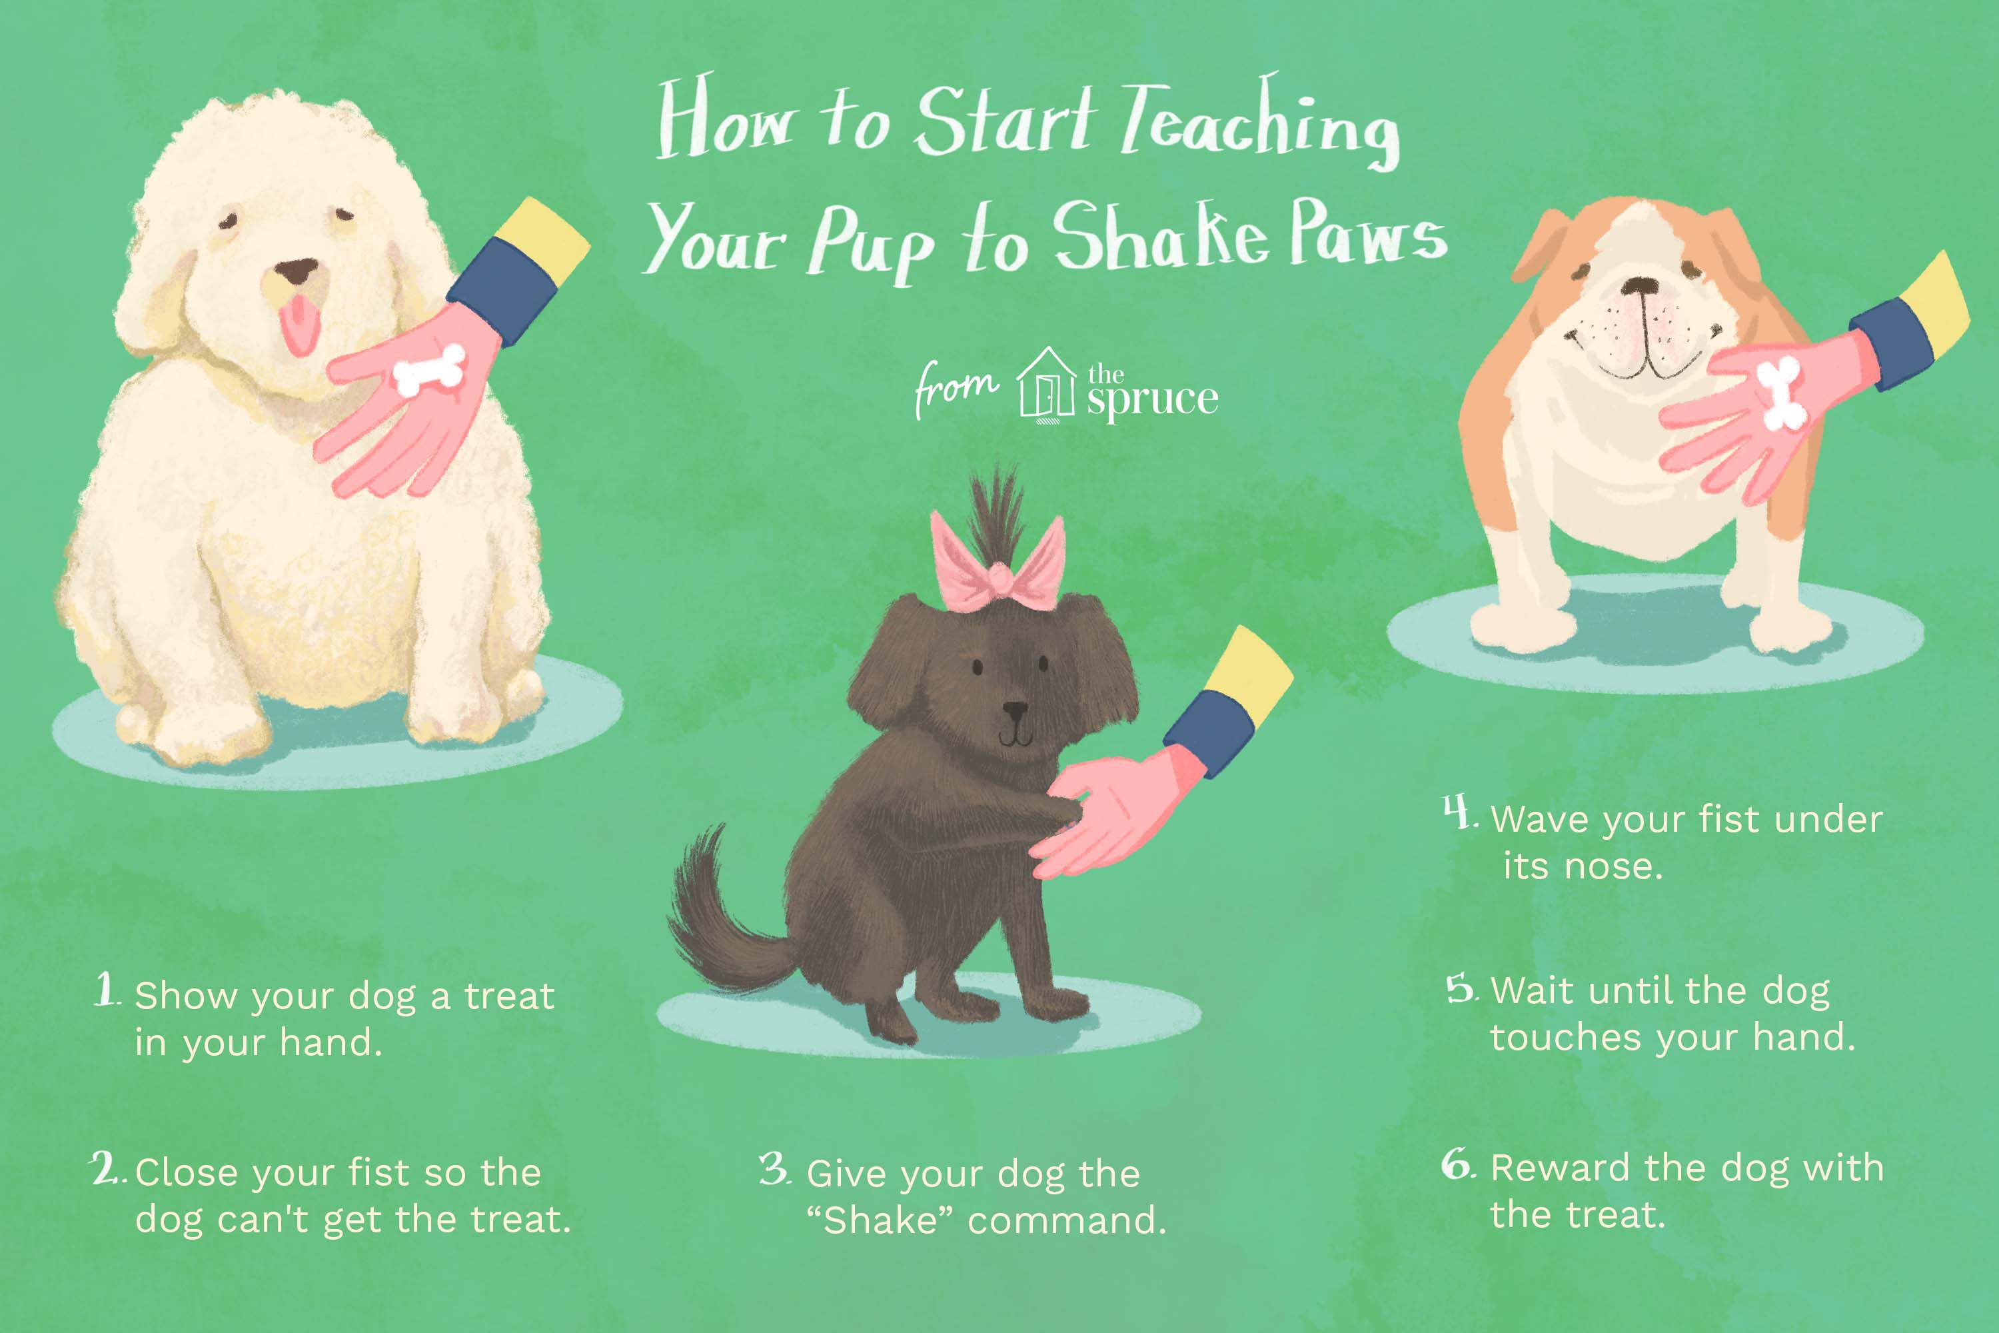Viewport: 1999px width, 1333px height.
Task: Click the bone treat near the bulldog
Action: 1780,393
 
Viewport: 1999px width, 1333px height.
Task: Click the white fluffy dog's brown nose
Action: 297,272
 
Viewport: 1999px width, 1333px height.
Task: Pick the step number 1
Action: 105,990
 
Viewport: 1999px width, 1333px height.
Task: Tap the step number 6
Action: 1459,1164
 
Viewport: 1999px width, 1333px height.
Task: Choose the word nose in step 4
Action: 1613,866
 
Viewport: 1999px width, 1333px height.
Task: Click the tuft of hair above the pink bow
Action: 996,510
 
